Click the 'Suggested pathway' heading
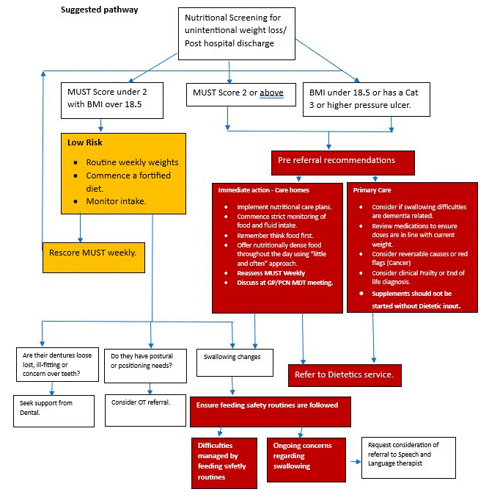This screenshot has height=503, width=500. click(x=98, y=10)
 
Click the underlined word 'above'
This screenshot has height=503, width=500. click(x=271, y=93)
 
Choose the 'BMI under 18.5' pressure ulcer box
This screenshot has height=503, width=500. click(x=355, y=99)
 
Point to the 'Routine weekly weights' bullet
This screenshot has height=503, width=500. click(x=132, y=162)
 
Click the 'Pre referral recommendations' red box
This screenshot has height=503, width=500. click(x=336, y=160)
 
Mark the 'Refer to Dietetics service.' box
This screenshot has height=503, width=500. click(x=344, y=374)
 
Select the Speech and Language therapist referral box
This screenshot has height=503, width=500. click(x=408, y=457)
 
